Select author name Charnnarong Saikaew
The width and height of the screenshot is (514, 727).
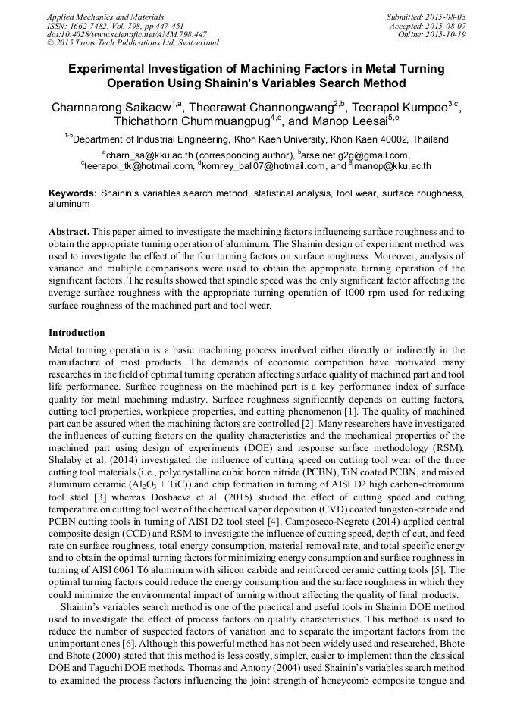tap(110, 108)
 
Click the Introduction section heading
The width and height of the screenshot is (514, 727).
tap(77, 333)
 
